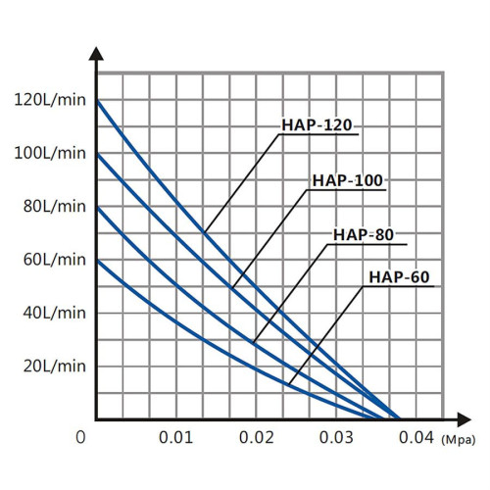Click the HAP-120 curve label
click(317, 126)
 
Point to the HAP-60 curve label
click(400, 277)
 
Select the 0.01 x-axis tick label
click(175, 436)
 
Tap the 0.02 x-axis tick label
click(256, 436)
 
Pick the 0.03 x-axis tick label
click(335, 436)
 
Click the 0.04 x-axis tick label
click(416, 436)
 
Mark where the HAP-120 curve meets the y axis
click(97, 100)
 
